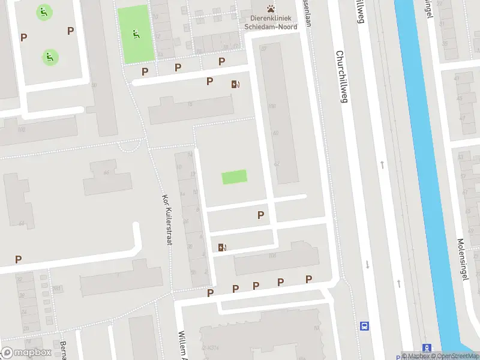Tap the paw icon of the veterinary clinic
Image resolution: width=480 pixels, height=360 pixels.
tap(271, 8)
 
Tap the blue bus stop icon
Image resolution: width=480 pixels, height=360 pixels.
tap(364, 326)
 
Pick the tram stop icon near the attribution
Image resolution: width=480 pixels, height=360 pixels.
tap(427, 348)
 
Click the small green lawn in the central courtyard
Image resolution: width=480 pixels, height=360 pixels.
tap(234, 177)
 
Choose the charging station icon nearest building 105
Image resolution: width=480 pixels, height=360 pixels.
tap(222, 247)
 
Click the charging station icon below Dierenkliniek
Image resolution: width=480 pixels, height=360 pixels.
tap(235, 85)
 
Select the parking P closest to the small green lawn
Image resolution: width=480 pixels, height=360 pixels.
tap(260, 215)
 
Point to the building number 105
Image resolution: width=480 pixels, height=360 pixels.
tap(273, 256)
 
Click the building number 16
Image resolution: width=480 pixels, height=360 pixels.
tap(190, 104)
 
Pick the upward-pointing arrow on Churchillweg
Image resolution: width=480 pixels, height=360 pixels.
tap(382, 164)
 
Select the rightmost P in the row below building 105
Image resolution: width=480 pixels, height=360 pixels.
tap(308, 279)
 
